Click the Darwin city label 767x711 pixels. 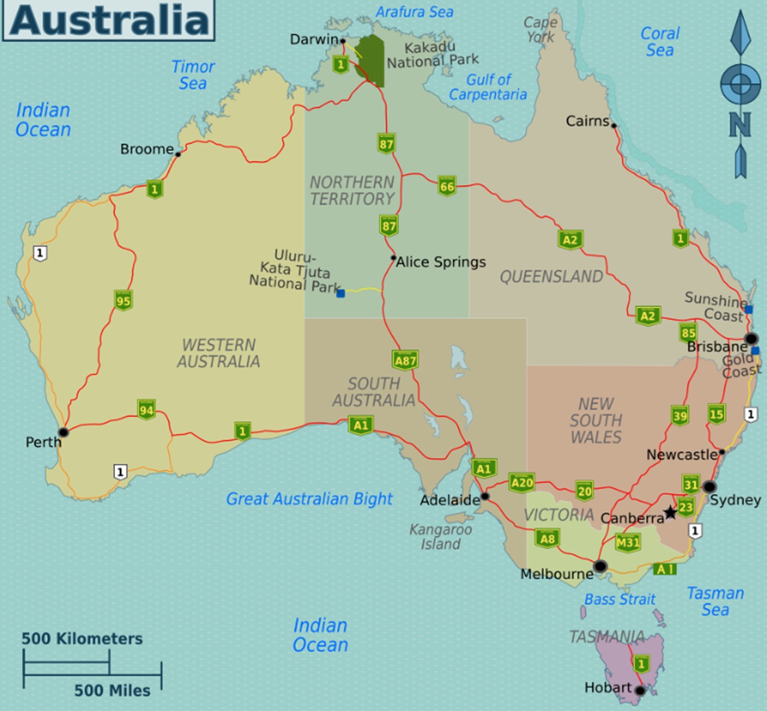(x=313, y=40)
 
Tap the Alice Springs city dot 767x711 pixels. (x=393, y=258)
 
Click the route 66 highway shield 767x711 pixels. (x=447, y=186)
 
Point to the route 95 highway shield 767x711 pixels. (x=123, y=300)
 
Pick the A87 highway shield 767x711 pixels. (x=405, y=360)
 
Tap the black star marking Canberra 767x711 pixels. (x=670, y=513)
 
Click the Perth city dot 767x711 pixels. (x=63, y=432)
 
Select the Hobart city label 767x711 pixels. (x=608, y=688)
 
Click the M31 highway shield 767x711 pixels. (x=627, y=543)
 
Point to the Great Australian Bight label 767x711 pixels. (x=309, y=499)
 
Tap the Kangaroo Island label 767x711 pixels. (x=440, y=537)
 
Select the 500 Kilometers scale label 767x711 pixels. (x=82, y=639)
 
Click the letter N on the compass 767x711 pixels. (x=740, y=125)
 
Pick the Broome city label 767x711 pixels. (x=147, y=149)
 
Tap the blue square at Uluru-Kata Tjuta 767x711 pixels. (x=340, y=294)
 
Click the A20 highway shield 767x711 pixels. (x=522, y=483)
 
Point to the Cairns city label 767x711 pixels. (x=587, y=121)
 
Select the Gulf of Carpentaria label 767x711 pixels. (x=488, y=87)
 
